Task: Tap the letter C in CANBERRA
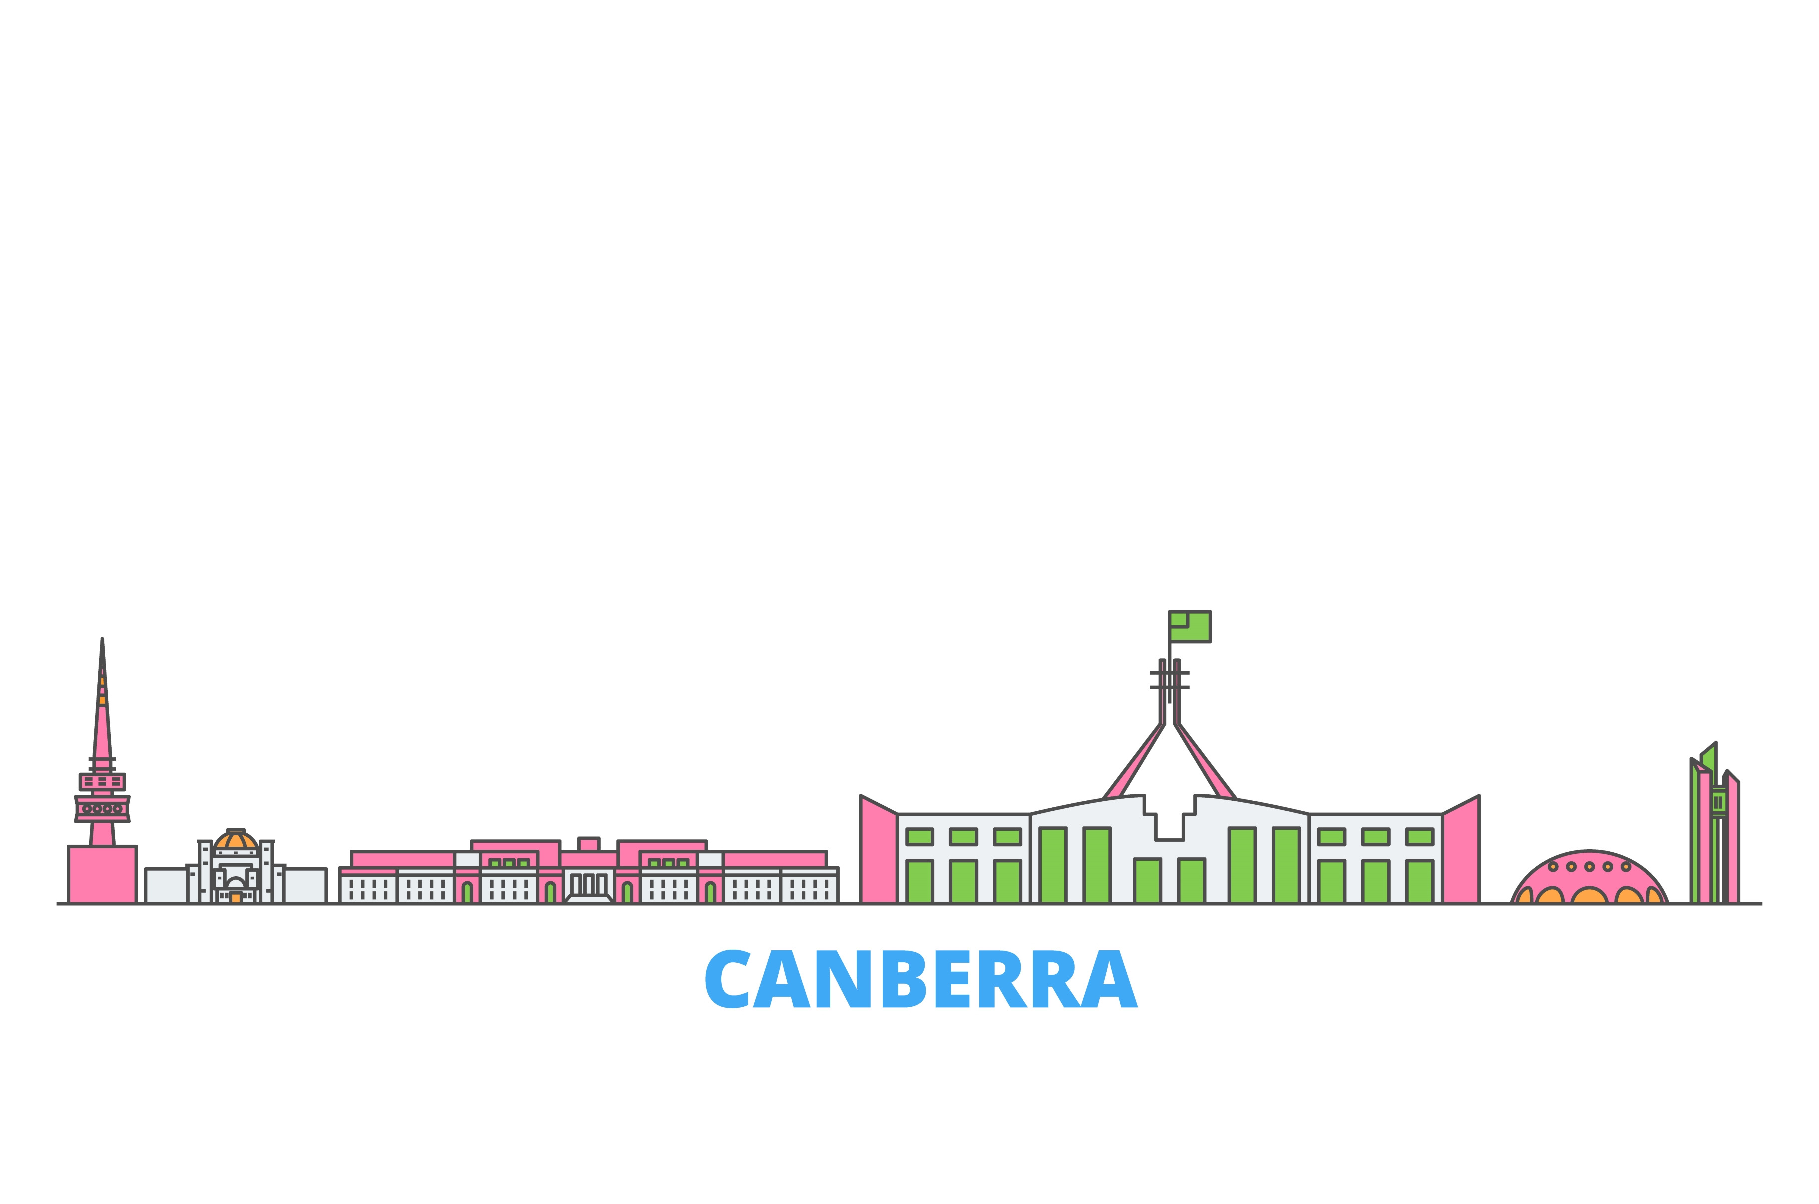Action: [x=727, y=979]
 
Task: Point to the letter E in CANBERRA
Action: [x=960, y=979]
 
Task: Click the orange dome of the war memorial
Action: [x=236, y=841]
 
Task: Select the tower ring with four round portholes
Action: [x=102, y=808]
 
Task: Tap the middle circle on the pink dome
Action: [x=1590, y=867]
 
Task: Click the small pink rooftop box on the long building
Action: [x=588, y=845]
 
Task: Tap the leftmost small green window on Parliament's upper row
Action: [x=919, y=837]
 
